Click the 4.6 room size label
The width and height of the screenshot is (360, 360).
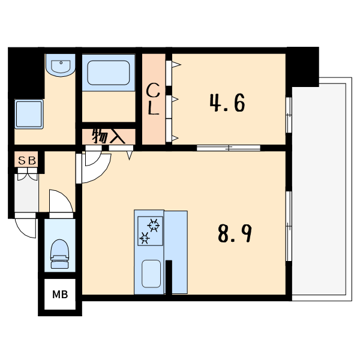tap(227, 103)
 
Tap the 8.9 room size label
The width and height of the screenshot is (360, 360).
tap(235, 233)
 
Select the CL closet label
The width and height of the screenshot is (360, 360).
tap(153, 99)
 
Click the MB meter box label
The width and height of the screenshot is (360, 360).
tap(60, 295)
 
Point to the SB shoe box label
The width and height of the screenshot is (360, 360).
tap(27, 161)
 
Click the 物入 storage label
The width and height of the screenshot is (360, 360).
tap(109, 137)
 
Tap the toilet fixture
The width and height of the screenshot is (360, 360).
tap(59, 254)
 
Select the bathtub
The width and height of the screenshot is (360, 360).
tap(109, 73)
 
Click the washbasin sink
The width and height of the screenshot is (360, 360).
tap(61, 65)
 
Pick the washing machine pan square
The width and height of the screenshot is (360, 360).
tap(29, 114)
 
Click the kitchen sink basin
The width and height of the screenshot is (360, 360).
tap(151, 274)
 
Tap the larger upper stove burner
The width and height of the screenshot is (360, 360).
tap(154, 225)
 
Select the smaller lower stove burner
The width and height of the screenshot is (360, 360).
tap(145, 238)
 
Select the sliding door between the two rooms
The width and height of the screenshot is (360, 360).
tap(229, 148)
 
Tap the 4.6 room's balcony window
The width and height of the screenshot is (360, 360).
tap(289, 115)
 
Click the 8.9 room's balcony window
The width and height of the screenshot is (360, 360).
tap(289, 226)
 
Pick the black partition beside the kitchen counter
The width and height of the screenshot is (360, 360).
tap(169, 277)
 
